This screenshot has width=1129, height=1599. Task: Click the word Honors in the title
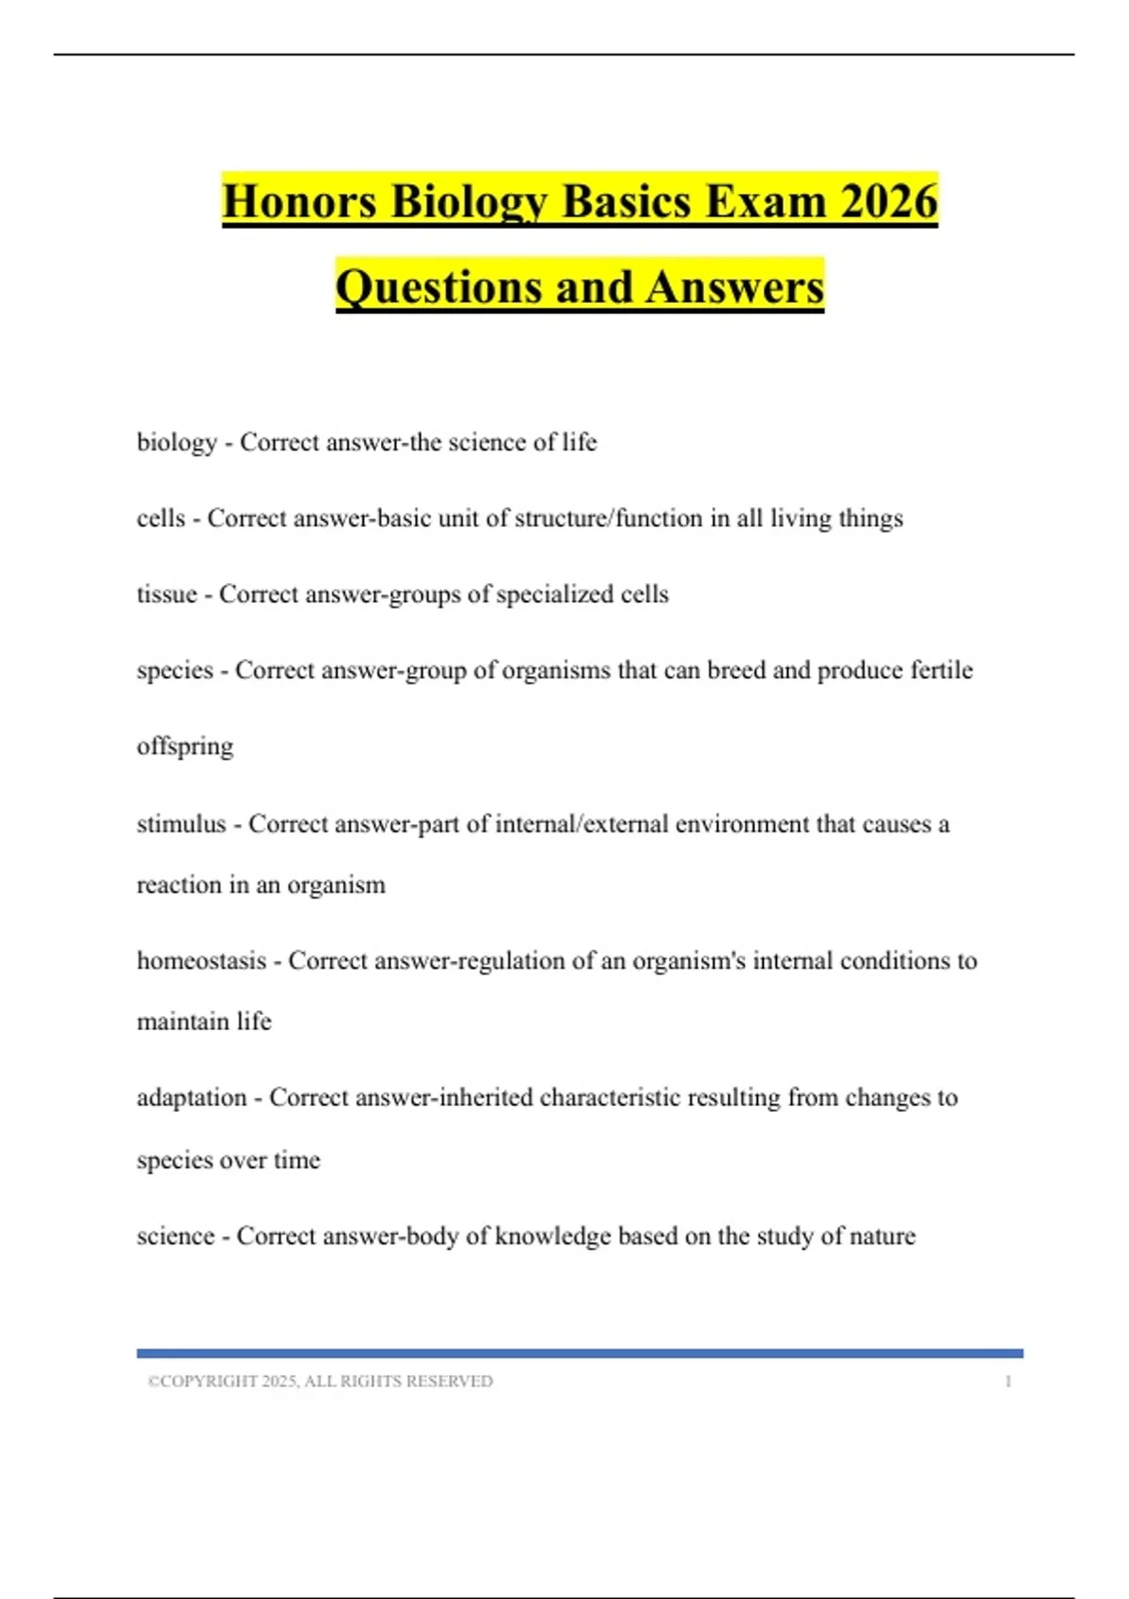pos(299,201)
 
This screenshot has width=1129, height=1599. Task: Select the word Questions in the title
pos(438,287)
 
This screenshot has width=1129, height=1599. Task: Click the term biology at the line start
pos(177,442)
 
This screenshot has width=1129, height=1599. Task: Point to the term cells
pos(161,518)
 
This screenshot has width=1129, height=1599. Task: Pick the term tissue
pos(167,594)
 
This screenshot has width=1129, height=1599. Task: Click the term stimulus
pos(182,824)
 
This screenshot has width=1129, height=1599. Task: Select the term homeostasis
pos(201,960)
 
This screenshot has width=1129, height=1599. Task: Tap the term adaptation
pos(192,1098)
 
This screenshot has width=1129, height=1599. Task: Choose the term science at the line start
pos(176,1236)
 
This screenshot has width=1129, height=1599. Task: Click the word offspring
pos(185,747)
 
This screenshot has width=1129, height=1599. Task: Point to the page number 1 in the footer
pos(1008,1382)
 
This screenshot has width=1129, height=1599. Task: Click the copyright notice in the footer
pos(320,1382)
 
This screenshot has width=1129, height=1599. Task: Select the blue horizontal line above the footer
pos(580,1354)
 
